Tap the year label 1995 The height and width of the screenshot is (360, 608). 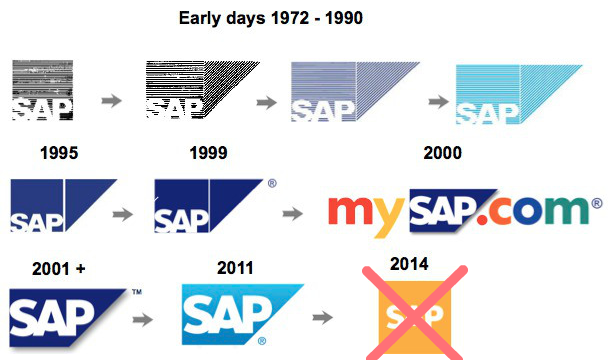point(59,154)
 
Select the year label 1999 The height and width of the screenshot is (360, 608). point(208,154)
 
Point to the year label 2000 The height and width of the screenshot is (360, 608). point(442,154)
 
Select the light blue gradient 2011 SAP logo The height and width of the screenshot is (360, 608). point(240,314)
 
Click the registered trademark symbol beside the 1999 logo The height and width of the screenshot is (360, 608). point(272,184)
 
